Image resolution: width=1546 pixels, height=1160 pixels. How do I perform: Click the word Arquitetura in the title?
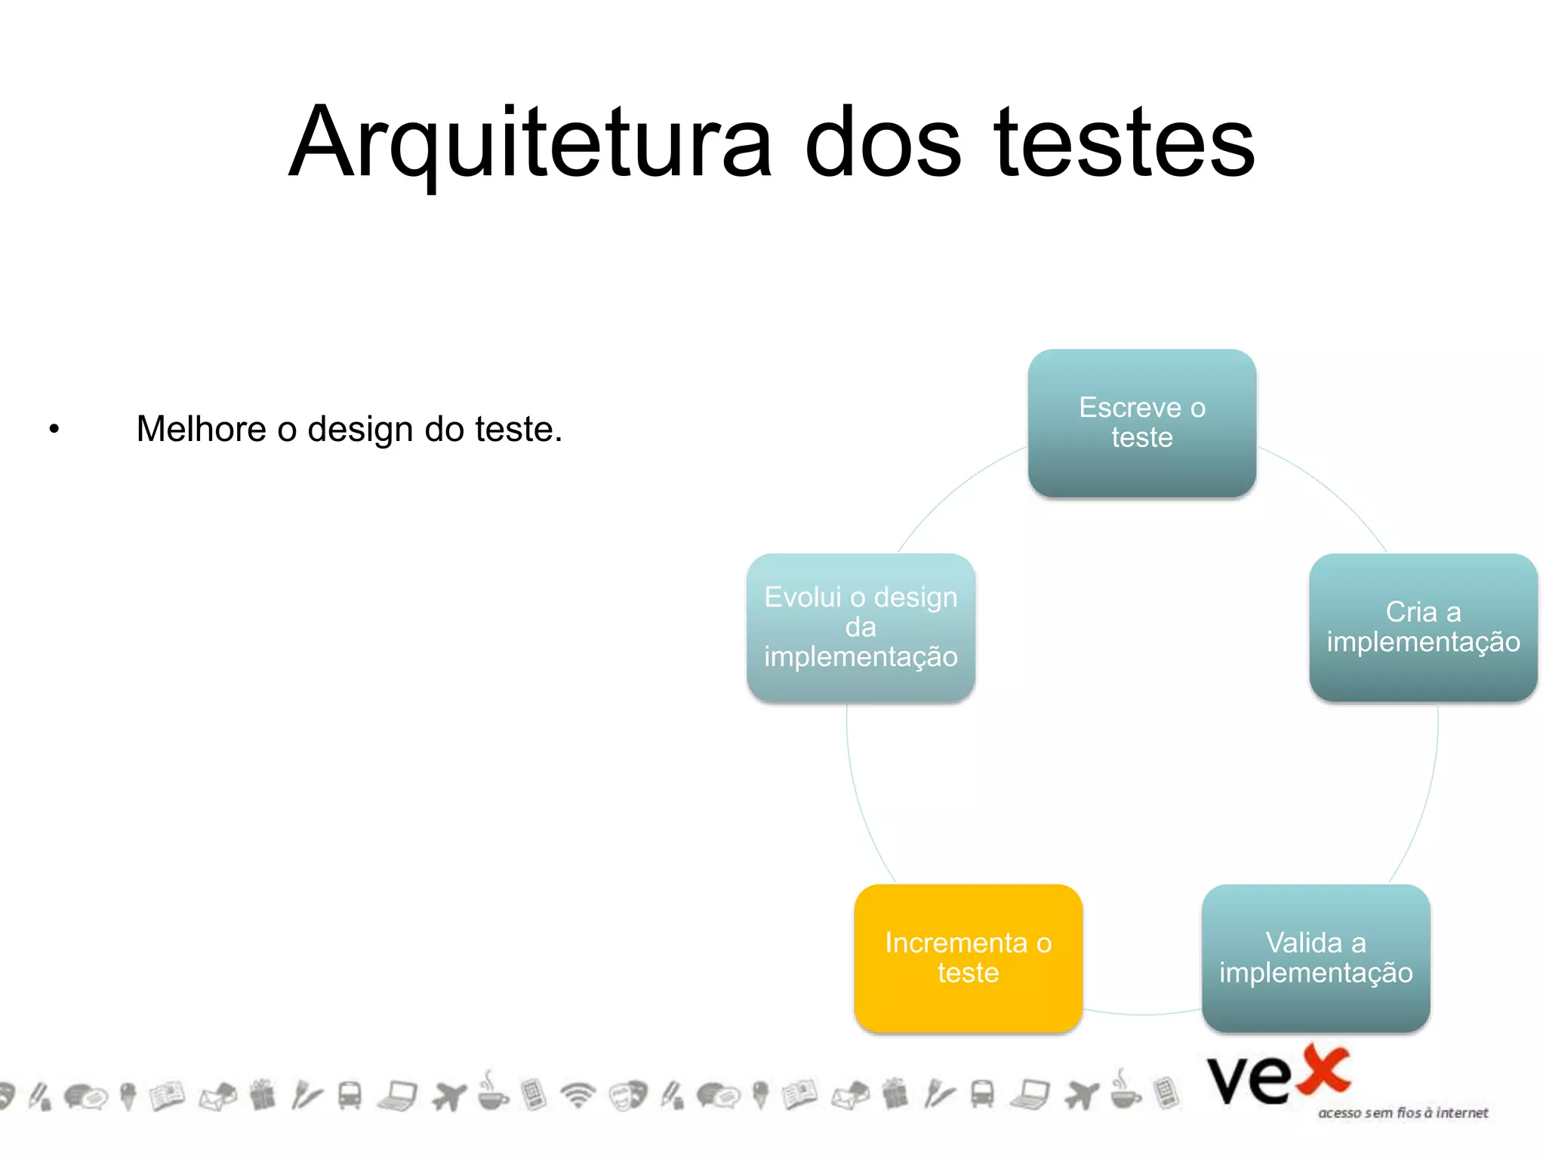coord(530,143)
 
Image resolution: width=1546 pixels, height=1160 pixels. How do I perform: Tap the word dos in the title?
coord(882,143)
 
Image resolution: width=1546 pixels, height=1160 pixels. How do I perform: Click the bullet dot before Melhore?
coord(54,430)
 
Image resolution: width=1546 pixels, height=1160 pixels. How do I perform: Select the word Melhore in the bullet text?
coord(201,429)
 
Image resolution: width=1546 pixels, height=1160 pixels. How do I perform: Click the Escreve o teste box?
coord(1141,423)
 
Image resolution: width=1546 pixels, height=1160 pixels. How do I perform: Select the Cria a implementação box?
coord(1423,627)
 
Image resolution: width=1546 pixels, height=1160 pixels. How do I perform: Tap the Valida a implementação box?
coord(1315,958)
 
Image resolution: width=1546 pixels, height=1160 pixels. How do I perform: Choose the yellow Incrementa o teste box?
coord(968,958)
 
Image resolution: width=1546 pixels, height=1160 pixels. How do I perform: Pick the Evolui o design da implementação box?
coord(861,627)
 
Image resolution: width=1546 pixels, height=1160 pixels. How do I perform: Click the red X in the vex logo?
coord(1322,1070)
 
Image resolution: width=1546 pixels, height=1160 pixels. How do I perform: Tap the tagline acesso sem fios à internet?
coord(1403,1112)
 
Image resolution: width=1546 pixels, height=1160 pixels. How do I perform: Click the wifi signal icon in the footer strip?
coord(578,1094)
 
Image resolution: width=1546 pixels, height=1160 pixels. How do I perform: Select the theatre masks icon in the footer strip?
coord(628,1095)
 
